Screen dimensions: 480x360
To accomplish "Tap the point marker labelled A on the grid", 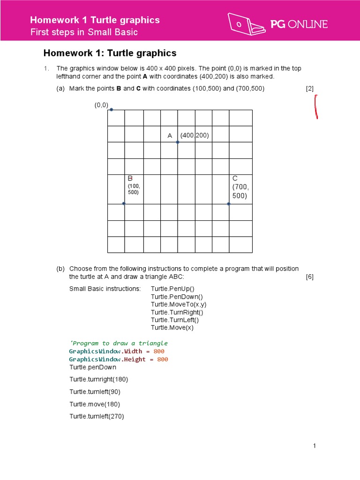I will [178, 142].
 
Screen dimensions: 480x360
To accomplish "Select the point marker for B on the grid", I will [124, 203].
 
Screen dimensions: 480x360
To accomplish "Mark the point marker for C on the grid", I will [229, 203].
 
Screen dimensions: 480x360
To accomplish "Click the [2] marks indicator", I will [310, 89].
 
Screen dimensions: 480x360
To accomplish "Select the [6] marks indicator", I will [310, 277].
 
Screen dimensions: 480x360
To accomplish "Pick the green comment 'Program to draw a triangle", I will [118, 343].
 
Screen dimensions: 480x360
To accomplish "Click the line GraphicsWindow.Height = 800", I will [118, 359].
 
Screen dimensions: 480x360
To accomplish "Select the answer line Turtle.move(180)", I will [95, 404].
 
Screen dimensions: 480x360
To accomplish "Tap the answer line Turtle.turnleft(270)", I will [97, 416].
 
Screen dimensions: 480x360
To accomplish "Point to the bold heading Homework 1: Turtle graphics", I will [110, 53].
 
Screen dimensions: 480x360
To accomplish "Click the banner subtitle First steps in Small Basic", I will [84, 32].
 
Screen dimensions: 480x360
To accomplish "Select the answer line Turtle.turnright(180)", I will [98, 379].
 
